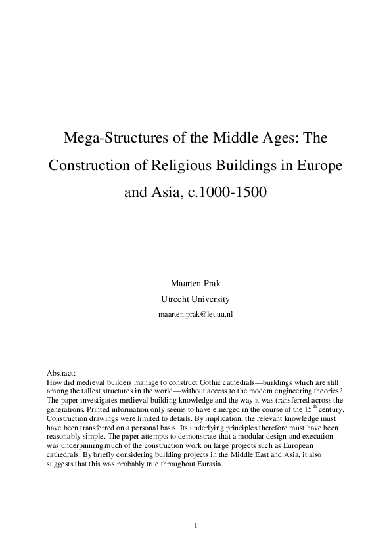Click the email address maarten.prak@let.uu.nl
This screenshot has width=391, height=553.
tap(195, 314)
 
